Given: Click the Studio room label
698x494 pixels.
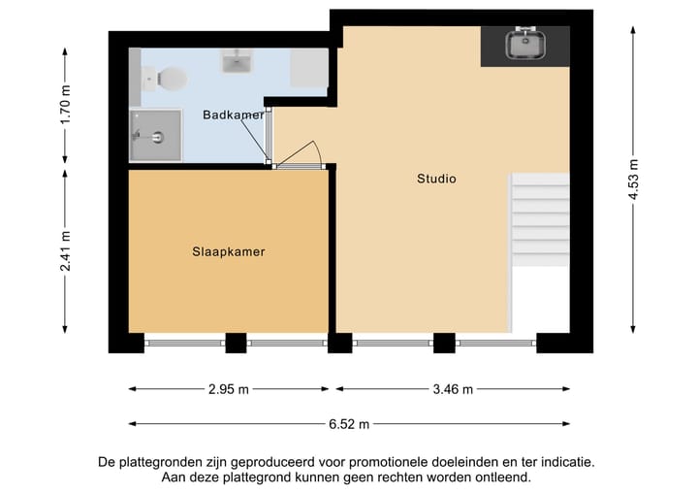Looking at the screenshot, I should pyautogui.click(x=436, y=179).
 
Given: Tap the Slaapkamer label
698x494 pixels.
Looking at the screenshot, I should pyautogui.click(x=228, y=251).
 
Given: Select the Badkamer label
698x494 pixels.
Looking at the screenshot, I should pyautogui.click(x=233, y=115).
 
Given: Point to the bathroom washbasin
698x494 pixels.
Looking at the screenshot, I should pyautogui.click(x=237, y=62).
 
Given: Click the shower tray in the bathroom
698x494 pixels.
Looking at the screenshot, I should pyautogui.click(x=155, y=134).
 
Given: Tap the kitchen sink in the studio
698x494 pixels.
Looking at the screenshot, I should pyautogui.click(x=524, y=44).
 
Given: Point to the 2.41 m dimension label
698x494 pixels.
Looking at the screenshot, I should pyautogui.click(x=65, y=250).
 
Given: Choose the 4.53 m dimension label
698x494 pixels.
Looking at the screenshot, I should pyautogui.click(x=634, y=179).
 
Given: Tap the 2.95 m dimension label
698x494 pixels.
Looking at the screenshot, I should pyautogui.click(x=229, y=389).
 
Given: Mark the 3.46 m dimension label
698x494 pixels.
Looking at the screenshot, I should pyautogui.click(x=453, y=389).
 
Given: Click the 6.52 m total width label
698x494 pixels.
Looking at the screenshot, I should pyautogui.click(x=349, y=424).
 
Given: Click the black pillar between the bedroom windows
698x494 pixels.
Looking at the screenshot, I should pyautogui.click(x=236, y=342).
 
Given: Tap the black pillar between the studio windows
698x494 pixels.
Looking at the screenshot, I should pyautogui.click(x=444, y=342).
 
